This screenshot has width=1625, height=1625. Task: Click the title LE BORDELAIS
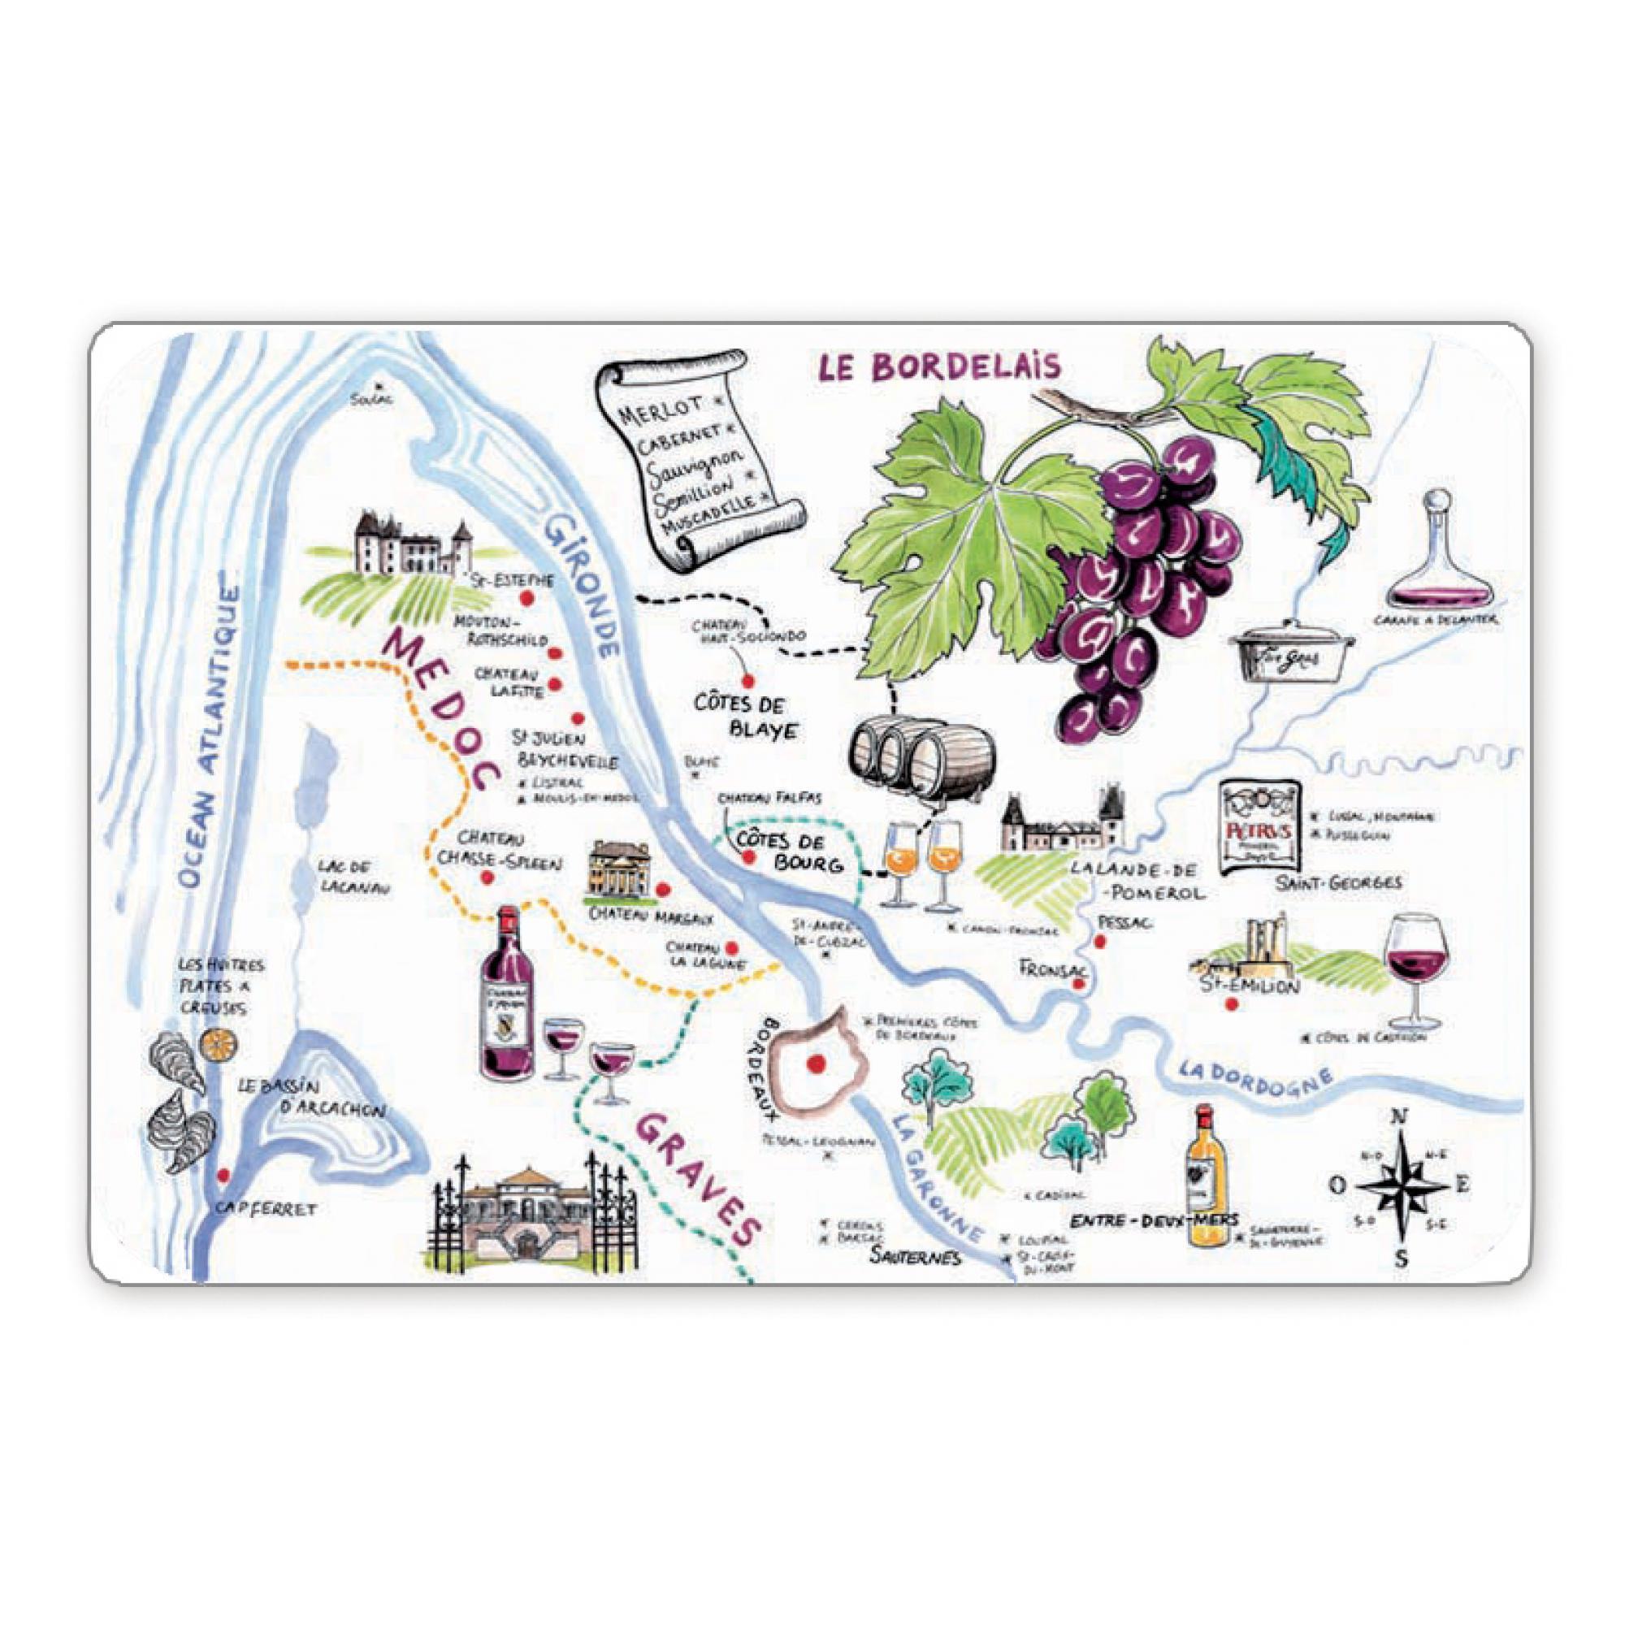[x=937, y=368]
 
